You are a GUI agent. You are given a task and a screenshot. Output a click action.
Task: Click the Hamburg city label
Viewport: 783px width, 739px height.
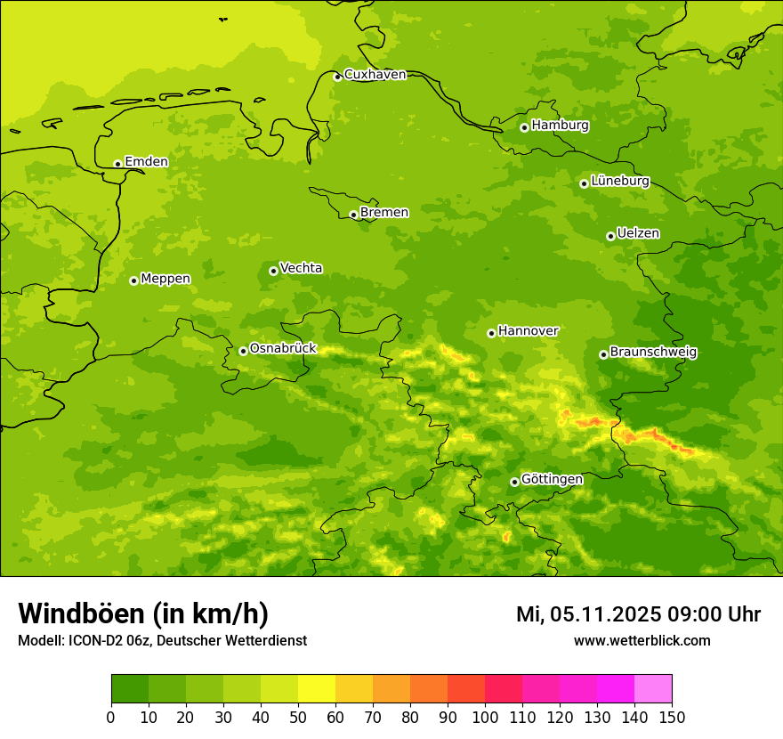click(x=560, y=126)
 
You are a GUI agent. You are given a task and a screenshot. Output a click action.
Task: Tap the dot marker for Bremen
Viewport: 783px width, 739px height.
click(x=353, y=215)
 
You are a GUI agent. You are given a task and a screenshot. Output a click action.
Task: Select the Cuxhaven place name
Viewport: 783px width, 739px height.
click(x=375, y=75)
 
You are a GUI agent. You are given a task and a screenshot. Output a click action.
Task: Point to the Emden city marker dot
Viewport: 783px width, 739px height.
click(x=117, y=164)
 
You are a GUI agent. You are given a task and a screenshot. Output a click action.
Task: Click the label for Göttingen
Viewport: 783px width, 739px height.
click(x=552, y=480)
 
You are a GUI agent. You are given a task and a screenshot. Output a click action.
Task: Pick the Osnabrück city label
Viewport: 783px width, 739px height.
click(x=283, y=349)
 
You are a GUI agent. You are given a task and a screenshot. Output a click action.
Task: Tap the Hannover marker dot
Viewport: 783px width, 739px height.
click(x=491, y=333)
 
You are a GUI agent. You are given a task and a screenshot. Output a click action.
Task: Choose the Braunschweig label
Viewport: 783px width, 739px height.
click(x=653, y=353)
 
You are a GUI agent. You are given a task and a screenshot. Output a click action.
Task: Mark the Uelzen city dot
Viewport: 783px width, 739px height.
click(x=610, y=236)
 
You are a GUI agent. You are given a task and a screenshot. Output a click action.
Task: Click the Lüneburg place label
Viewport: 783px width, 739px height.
click(x=619, y=182)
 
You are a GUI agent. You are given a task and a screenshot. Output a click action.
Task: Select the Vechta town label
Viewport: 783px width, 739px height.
click(x=301, y=268)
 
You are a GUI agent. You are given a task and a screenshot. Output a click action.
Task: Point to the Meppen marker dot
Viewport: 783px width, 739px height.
click(x=133, y=280)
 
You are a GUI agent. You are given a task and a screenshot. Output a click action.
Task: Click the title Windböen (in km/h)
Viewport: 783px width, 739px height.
click(x=143, y=613)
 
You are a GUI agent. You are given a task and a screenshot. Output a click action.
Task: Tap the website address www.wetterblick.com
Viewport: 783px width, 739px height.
click(x=642, y=641)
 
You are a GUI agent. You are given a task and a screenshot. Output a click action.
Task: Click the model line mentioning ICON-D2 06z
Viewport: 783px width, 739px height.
click(x=162, y=641)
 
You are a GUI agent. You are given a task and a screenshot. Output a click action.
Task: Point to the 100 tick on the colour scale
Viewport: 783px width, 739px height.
click(x=485, y=718)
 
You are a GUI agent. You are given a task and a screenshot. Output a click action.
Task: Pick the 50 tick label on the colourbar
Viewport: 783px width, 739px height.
click(x=298, y=718)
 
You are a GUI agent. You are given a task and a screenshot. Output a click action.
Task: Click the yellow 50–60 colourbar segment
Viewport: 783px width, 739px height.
click(x=317, y=689)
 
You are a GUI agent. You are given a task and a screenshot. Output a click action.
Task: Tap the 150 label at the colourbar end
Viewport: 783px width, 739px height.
click(x=672, y=718)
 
